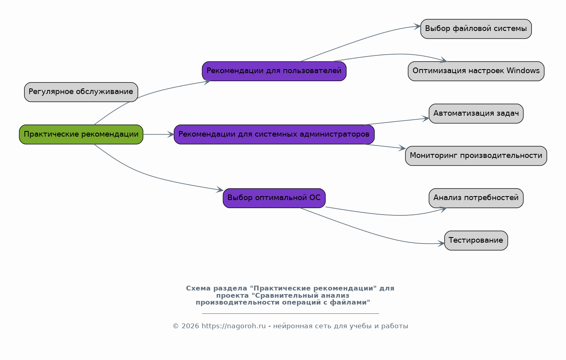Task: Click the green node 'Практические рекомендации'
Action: pos(81,135)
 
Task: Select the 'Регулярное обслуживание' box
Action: pos(81,92)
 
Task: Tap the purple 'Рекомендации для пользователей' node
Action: pos(274,71)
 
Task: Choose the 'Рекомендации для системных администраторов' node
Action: pos(274,135)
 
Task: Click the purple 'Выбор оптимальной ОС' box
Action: pos(274,198)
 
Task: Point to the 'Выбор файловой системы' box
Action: pos(476,29)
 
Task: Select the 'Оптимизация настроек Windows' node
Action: pos(476,71)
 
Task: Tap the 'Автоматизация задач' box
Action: pos(476,114)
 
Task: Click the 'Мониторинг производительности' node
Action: pos(476,156)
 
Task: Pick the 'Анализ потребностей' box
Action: pos(476,198)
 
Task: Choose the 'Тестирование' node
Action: pos(476,240)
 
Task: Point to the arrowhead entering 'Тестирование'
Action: pos(441,244)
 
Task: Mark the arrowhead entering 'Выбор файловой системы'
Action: pos(417,26)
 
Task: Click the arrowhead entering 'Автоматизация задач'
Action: pos(426,118)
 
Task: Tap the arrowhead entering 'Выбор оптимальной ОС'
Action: pos(220,190)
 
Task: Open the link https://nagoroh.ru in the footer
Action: pos(233,326)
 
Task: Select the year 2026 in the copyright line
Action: pos(190,326)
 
